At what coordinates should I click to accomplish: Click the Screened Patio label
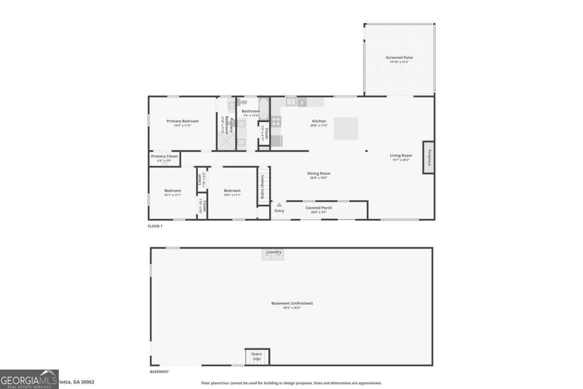point(399,57)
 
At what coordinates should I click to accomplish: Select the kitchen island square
point(345,128)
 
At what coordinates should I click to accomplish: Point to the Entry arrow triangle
point(279,205)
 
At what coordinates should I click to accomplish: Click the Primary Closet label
point(164,156)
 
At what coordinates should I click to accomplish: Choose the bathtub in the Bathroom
point(264,108)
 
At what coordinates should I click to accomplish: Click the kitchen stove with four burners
point(276,121)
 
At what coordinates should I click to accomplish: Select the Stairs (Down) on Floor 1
point(263,186)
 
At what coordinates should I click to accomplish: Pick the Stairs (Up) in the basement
point(257,356)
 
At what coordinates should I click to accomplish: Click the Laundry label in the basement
point(274,252)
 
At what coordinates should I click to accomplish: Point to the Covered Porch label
point(319,208)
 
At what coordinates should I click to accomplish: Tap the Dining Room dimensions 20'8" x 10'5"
point(319,177)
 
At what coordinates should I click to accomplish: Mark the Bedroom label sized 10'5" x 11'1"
point(232,191)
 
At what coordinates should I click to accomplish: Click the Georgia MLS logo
point(29,379)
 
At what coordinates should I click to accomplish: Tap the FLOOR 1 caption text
point(155,226)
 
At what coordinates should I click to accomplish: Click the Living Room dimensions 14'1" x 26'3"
point(401,159)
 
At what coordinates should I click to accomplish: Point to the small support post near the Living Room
point(366,151)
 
